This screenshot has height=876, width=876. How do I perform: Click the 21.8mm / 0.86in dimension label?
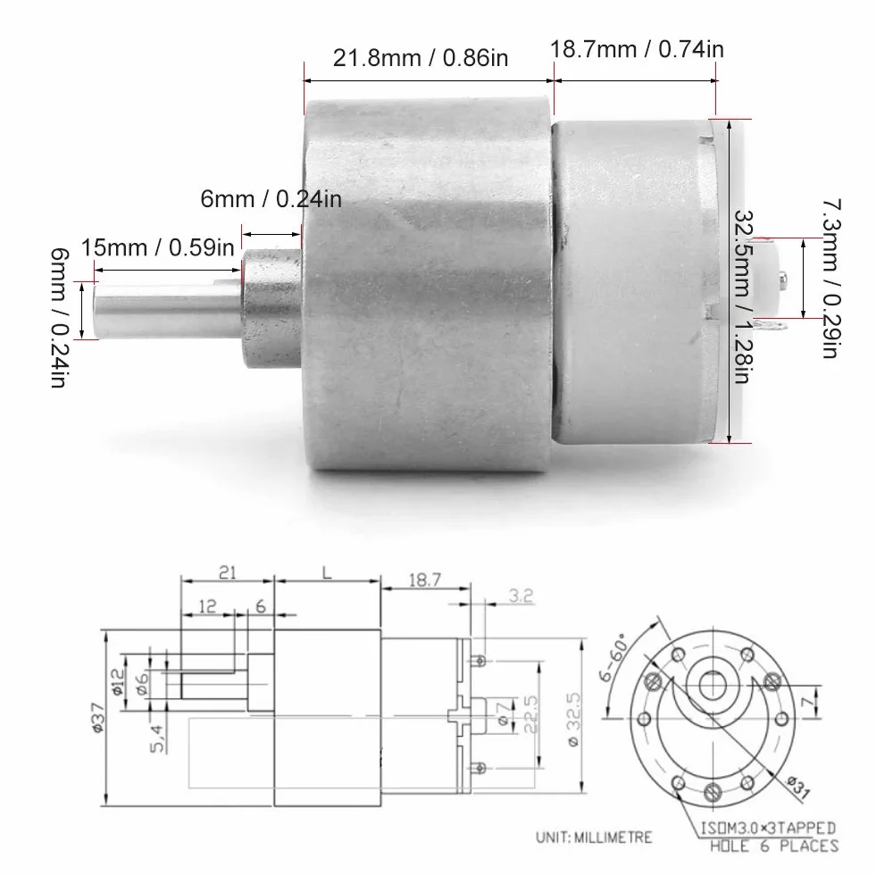click(420, 58)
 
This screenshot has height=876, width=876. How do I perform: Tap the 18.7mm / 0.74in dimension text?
click(637, 49)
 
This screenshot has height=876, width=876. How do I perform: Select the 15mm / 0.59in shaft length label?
click(157, 247)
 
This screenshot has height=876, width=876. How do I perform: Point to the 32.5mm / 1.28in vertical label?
click(741, 296)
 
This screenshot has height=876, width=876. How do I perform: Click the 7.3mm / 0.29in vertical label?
click(830, 279)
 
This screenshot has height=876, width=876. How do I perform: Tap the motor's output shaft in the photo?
click(168, 311)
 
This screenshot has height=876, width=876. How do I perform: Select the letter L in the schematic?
click(327, 572)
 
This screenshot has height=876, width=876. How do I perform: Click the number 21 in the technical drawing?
click(227, 572)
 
